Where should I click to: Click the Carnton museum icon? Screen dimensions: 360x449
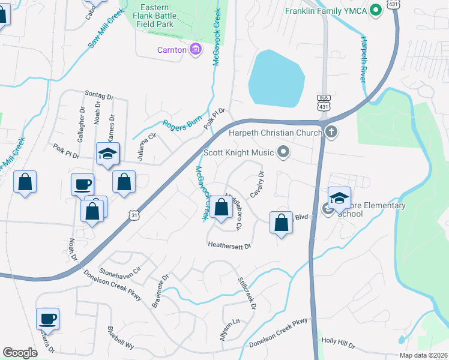pyautogui.click(x=195, y=50)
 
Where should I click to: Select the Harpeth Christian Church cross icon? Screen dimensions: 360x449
pyautogui.click(x=331, y=131)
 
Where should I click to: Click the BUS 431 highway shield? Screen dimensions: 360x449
pyautogui.click(x=324, y=102)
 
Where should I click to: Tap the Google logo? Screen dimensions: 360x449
pyautogui.click(x=20, y=353)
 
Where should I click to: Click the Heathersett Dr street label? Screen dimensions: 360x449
pyautogui.click(x=229, y=245)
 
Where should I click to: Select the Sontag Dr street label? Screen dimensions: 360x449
pyautogui.click(x=99, y=96)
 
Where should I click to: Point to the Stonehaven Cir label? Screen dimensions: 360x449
pyautogui.click(x=119, y=271)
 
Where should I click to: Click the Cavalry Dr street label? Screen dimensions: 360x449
pyautogui.click(x=256, y=187)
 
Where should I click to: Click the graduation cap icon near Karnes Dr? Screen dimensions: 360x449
pyautogui.click(x=108, y=154)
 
